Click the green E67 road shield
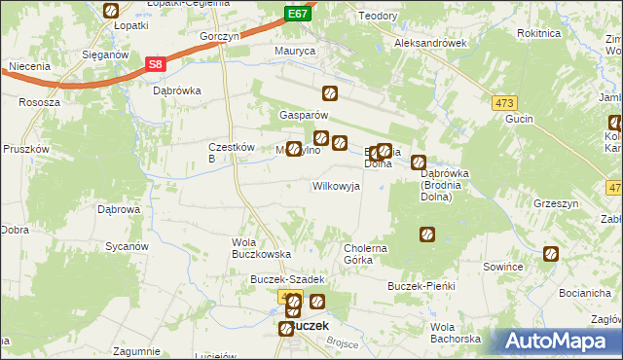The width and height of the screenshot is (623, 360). tap(298, 15)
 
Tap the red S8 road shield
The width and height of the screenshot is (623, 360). tap(155, 65)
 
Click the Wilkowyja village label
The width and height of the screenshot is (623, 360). tap(336, 185)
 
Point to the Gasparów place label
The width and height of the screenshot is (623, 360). tap(293, 113)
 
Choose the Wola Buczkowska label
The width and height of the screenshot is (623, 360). tap(261, 247)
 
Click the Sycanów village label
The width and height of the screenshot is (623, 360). tap(127, 246)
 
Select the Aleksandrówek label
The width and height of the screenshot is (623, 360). tap(430, 44)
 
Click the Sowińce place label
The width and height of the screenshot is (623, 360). tap(504, 266)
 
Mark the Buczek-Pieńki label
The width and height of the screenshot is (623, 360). tap(421, 288)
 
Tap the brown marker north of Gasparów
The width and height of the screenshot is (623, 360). tap(330, 93)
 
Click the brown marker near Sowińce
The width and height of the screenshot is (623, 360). tap(551, 254)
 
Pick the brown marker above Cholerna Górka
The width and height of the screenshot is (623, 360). tap(426, 234)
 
